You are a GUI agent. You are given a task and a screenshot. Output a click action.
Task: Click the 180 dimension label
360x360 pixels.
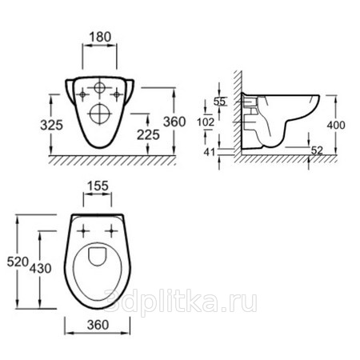tap(100, 37)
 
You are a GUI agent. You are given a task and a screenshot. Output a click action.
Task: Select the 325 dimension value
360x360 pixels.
tap(51, 125)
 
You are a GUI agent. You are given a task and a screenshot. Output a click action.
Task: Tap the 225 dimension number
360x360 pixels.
tap(148, 134)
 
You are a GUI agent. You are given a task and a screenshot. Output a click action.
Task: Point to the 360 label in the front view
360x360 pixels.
tap(174, 122)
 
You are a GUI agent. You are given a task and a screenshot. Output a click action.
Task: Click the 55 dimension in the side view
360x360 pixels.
tap(219, 102)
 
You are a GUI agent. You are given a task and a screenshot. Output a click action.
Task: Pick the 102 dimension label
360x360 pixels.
tap(206, 122)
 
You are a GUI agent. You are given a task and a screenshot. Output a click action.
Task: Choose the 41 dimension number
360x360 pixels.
tap(210, 152)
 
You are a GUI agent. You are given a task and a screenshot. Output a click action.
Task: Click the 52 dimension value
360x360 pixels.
tap(317, 150)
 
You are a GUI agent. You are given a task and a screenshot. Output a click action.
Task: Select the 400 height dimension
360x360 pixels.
tap(336, 125)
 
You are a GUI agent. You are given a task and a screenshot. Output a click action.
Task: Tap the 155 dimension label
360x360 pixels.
tap(98, 186)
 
